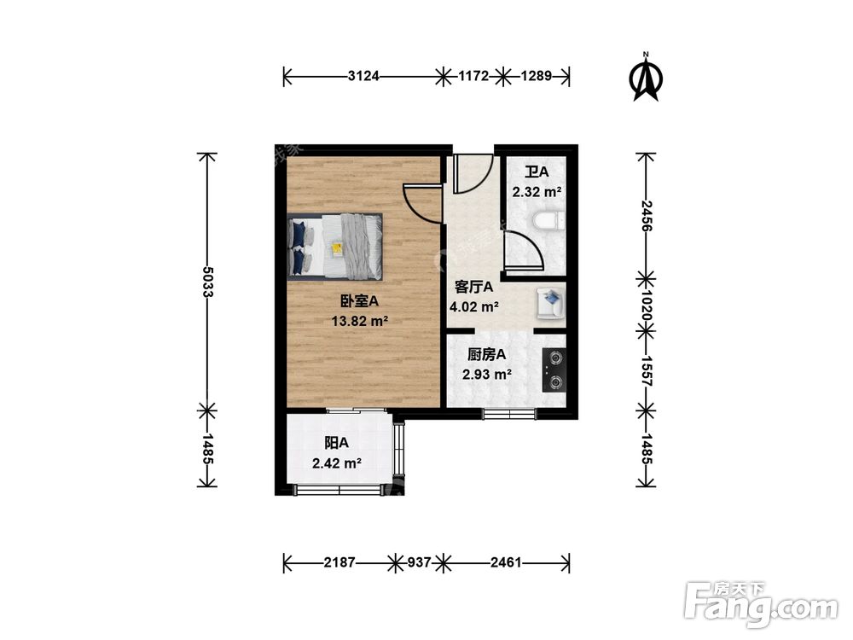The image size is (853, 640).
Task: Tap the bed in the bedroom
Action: point(335,246)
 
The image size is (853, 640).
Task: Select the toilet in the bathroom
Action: point(545,222)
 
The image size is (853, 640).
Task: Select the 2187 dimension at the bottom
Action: point(338,563)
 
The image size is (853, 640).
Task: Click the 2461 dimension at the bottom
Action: point(504,563)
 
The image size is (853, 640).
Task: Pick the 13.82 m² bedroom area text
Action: point(360,322)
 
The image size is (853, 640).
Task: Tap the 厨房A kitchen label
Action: point(487,354)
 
